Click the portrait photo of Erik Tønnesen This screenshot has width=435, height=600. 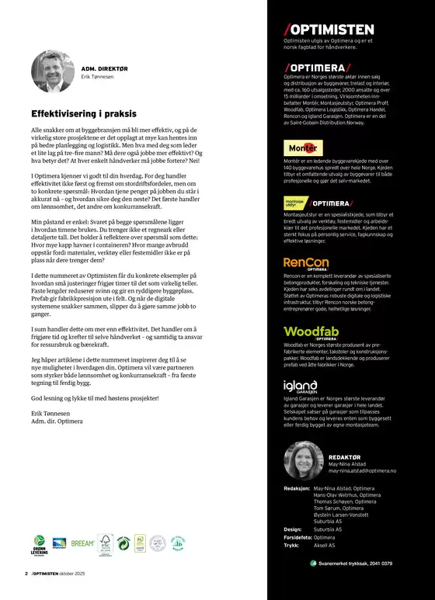pyautogui.click(x=53, y=74)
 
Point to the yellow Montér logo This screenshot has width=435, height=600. pyautogui.click(x=302, y=147)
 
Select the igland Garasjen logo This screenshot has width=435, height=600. pyautogui.click(x=301, y=386)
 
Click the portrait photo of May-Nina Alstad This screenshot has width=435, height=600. pyautogui.click(x=304, y=459)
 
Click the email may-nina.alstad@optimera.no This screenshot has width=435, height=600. pyautogui.click(x=362, y=470)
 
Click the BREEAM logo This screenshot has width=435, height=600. pyautogui.click(x=82, y=543)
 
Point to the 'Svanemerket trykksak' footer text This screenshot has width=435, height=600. pyautogui.click(x=354, y=563)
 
